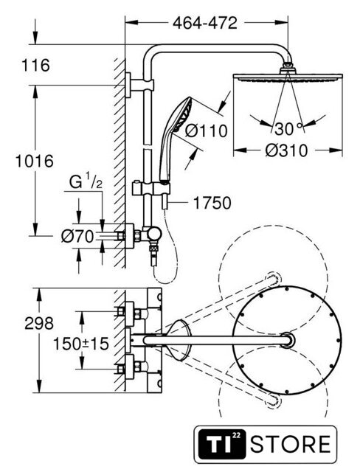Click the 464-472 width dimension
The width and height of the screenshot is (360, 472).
pos(205,23)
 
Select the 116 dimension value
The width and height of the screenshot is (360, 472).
pos(35,66)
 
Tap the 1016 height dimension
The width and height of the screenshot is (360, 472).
pos(35,161)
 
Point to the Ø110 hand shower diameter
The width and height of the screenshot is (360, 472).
pos(206,131)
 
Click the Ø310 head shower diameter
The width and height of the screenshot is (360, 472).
pos(286,150)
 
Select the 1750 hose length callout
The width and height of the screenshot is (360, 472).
pos(212,203)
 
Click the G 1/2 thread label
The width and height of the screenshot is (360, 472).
pos(86,182)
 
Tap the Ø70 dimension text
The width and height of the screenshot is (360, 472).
pos(77,237)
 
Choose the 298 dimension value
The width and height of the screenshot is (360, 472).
pos(39,323)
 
